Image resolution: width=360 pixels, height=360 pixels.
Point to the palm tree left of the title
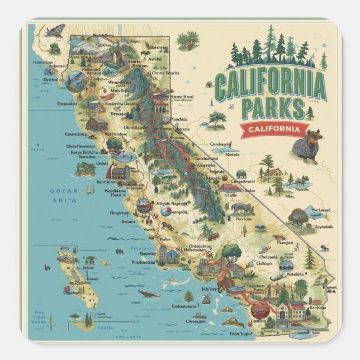point(188,40)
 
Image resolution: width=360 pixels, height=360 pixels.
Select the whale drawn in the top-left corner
point(55,31)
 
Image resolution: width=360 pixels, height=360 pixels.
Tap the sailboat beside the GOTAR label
point(88,188)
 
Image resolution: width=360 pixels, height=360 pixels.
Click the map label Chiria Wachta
point(165,73)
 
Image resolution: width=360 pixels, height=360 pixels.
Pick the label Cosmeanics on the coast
point(75,134)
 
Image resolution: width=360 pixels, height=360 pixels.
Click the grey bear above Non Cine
point(240,208)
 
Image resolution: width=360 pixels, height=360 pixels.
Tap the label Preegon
point(285,243)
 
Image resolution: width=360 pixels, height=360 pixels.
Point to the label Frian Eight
point(239,333)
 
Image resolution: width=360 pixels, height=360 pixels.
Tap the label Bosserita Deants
point(122,104)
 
